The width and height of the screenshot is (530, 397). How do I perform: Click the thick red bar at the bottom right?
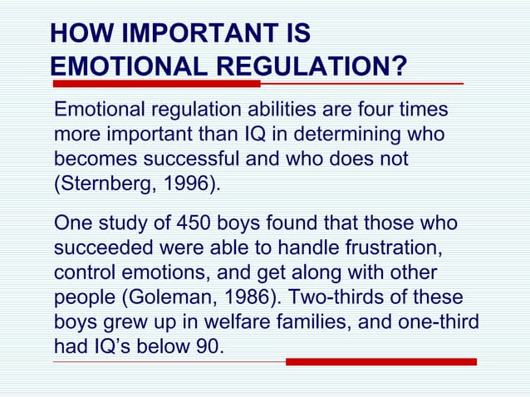point(381,362)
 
